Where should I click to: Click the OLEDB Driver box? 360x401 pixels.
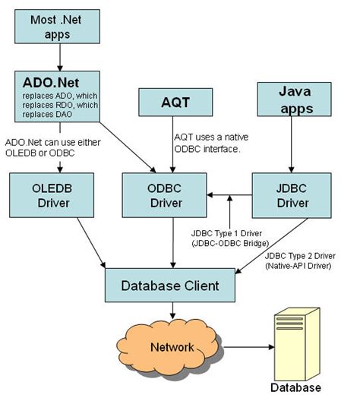point(50,193)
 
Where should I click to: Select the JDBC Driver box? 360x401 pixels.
point(291,193)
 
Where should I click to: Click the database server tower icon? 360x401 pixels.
point(296,339)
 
